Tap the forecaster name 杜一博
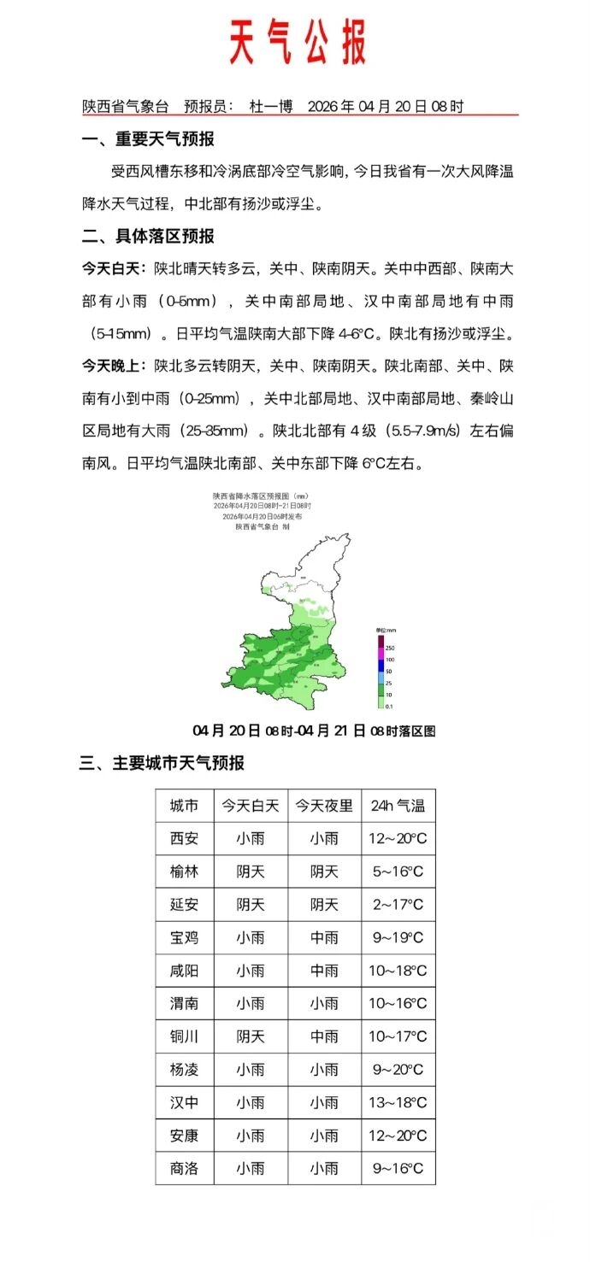[270, 107]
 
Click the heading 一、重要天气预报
[147, 139]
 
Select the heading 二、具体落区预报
[147, 236]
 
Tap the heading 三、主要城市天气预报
[162, 763]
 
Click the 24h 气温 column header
[398, 806]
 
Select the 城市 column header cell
[184, 806]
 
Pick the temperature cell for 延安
[398, 905]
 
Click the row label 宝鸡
[184, 937]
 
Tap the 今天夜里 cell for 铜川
[324, 1036]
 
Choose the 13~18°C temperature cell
[398, 1102]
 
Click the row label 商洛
[184, 1168]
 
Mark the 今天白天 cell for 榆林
[251, 872]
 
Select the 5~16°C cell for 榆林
[398, 872]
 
